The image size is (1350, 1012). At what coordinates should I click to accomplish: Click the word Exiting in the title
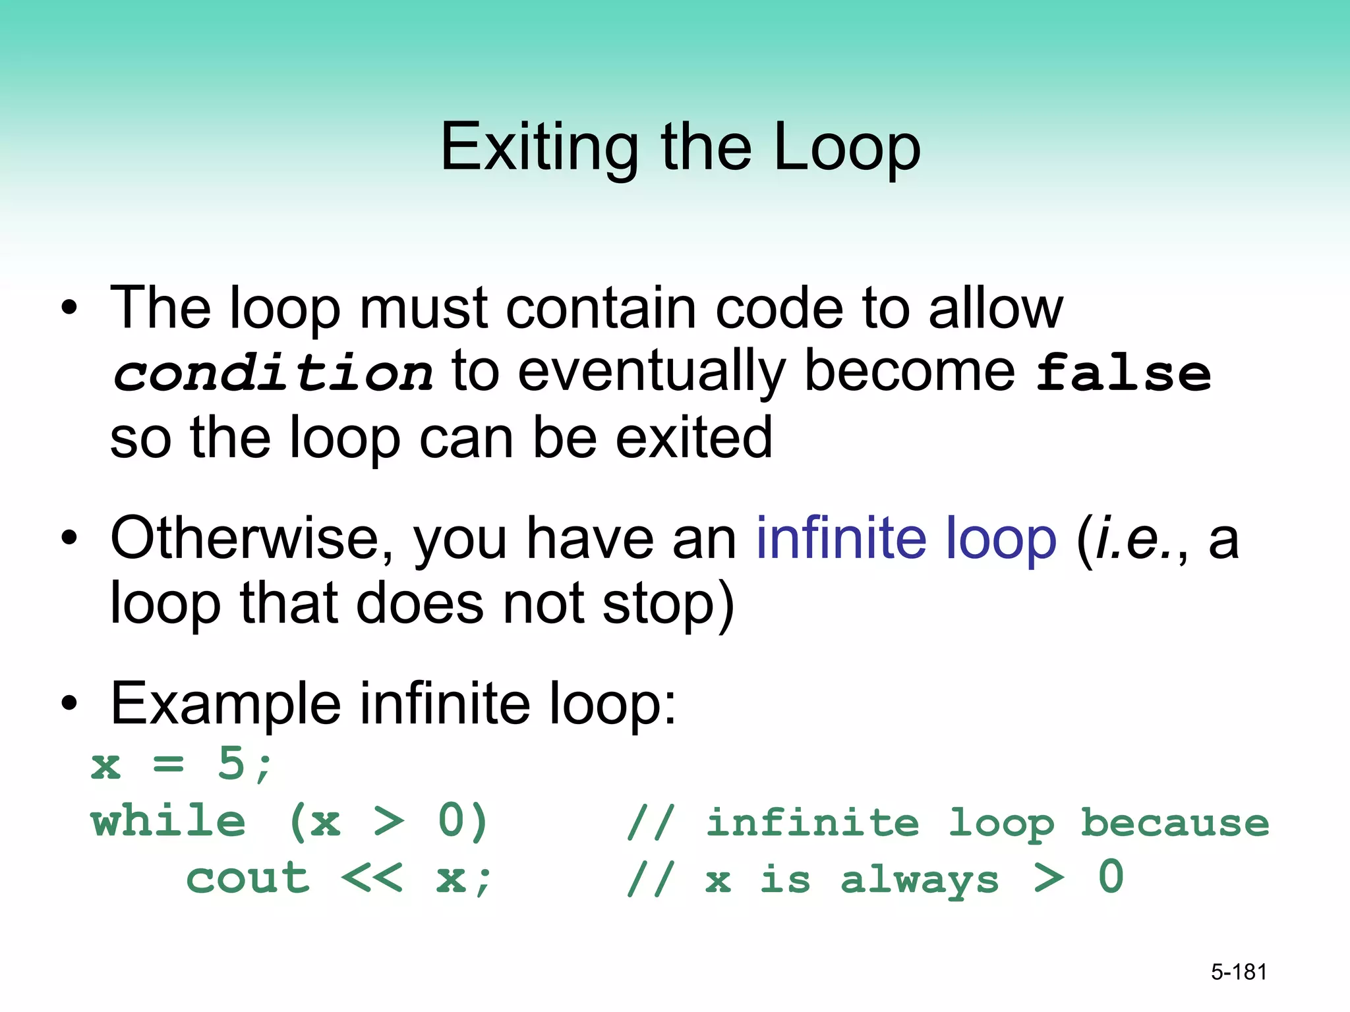pyautogui.click(x=539, y=148)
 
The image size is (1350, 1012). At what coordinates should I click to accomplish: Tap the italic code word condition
pyautogui.click(x=272, y=374)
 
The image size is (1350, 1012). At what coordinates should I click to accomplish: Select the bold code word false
pyautogui.click(x=1123, y=374)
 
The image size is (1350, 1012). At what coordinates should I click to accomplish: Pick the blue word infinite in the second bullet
pyautogui.click(x=840, y=538)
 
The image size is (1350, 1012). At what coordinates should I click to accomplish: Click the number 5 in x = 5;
pyautogui.click(x=231, y=764)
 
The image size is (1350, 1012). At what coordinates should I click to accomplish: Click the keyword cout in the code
pyautogui.click(x=247, y=878)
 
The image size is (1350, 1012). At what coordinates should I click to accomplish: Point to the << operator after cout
pyautogui.click(x=372, y=878)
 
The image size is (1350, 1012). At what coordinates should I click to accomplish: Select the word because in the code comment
pyautogui.click(x=1174, y=822)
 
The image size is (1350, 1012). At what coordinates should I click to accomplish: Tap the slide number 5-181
pyautogui.click(x=1239, y=972)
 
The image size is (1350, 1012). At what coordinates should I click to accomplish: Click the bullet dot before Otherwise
pyautogui.click(x=69, y=538)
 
